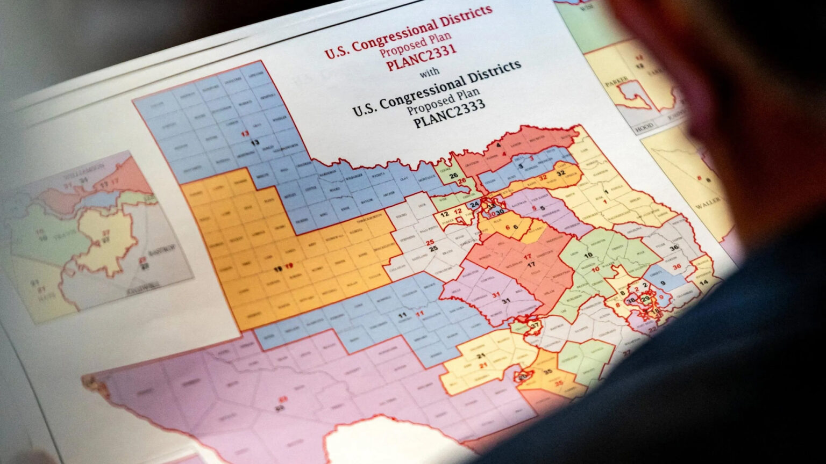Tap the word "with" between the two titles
(429, 71)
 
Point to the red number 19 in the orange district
(290, 266)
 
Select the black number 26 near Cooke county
(454, 176)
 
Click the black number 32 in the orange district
(560, 173)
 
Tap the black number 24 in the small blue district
(474, 205)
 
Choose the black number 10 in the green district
(588, 255)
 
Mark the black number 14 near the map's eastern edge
(703, 282)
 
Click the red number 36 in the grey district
(678, 266)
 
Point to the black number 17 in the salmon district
(531, 265)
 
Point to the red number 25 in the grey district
(430, 243)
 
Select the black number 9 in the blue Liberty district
(663, 283)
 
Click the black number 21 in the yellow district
(480, 356)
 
